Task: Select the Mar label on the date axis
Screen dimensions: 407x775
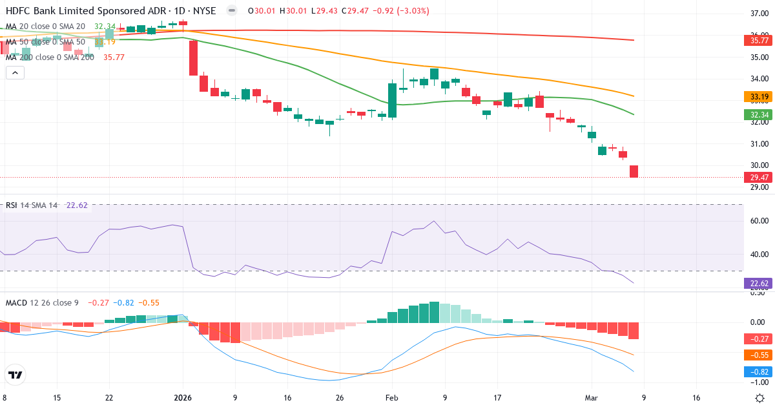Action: (591, 398)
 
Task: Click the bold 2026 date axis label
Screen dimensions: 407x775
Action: (183, 398)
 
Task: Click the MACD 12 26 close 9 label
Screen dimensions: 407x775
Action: (41, 302)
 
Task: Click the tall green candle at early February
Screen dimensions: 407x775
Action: (392, 100)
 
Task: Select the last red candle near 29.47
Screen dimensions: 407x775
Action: (634, 171)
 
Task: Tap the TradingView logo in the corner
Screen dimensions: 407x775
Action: (15, 375)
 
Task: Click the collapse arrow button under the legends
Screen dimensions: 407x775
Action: (15, 72)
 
